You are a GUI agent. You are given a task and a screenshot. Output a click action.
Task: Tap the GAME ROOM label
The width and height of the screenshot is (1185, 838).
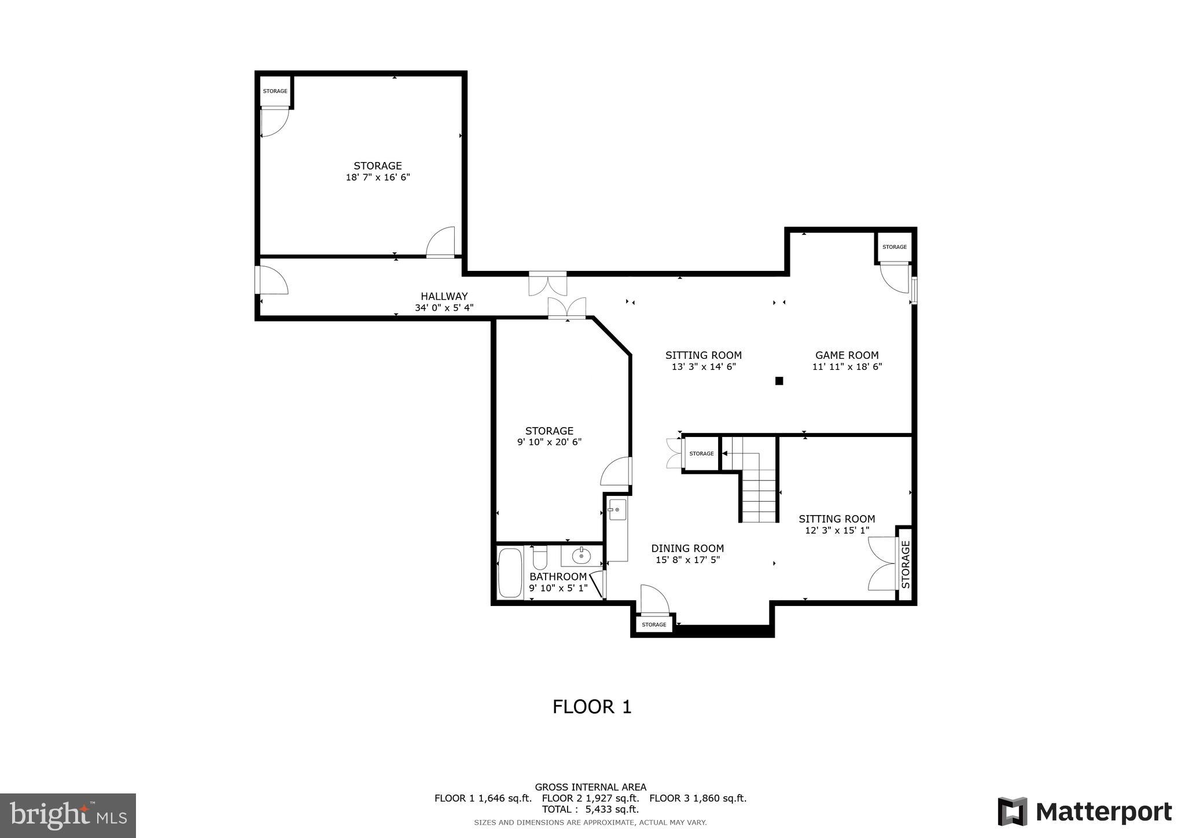(847, 355)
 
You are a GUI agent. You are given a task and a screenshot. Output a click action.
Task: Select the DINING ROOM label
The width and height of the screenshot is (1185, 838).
(687, 549)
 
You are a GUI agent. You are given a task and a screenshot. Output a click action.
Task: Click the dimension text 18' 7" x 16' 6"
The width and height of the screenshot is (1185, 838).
(378, 178)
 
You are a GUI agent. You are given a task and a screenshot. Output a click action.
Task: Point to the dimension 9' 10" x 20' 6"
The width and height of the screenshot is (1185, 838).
(549, 442)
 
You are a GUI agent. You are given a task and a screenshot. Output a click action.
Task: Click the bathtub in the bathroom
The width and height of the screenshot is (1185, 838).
(510, 572)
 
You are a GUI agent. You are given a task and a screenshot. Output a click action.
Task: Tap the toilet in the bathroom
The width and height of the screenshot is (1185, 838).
(540, 557)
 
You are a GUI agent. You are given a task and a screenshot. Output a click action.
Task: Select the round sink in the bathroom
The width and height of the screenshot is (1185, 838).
(581, 556)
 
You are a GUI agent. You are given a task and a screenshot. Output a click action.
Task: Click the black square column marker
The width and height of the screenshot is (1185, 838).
(779, 381)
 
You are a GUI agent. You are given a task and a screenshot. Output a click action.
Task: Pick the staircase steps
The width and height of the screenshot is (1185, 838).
(759, 492)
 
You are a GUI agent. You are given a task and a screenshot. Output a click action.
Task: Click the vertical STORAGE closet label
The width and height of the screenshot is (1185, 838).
(906, 564)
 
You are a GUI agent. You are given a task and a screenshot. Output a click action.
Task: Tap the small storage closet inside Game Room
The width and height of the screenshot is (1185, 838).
(894, 247)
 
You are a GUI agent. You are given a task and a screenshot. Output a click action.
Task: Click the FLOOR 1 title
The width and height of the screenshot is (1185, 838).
(592, 707)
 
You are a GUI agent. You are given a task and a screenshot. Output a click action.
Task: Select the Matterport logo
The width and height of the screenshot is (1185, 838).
(1084, 812)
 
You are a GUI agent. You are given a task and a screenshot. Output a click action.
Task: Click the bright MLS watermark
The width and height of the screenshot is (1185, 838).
(68, 815)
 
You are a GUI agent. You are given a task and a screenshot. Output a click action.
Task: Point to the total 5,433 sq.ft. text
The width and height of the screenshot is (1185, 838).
(590, 810)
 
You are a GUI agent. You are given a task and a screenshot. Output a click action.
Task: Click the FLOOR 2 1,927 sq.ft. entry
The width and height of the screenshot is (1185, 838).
(590, 798)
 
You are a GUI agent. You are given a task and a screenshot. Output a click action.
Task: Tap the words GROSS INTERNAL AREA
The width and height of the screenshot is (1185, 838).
(590, 787)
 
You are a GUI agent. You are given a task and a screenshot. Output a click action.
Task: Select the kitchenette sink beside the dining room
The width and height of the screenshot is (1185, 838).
(617, 510)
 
